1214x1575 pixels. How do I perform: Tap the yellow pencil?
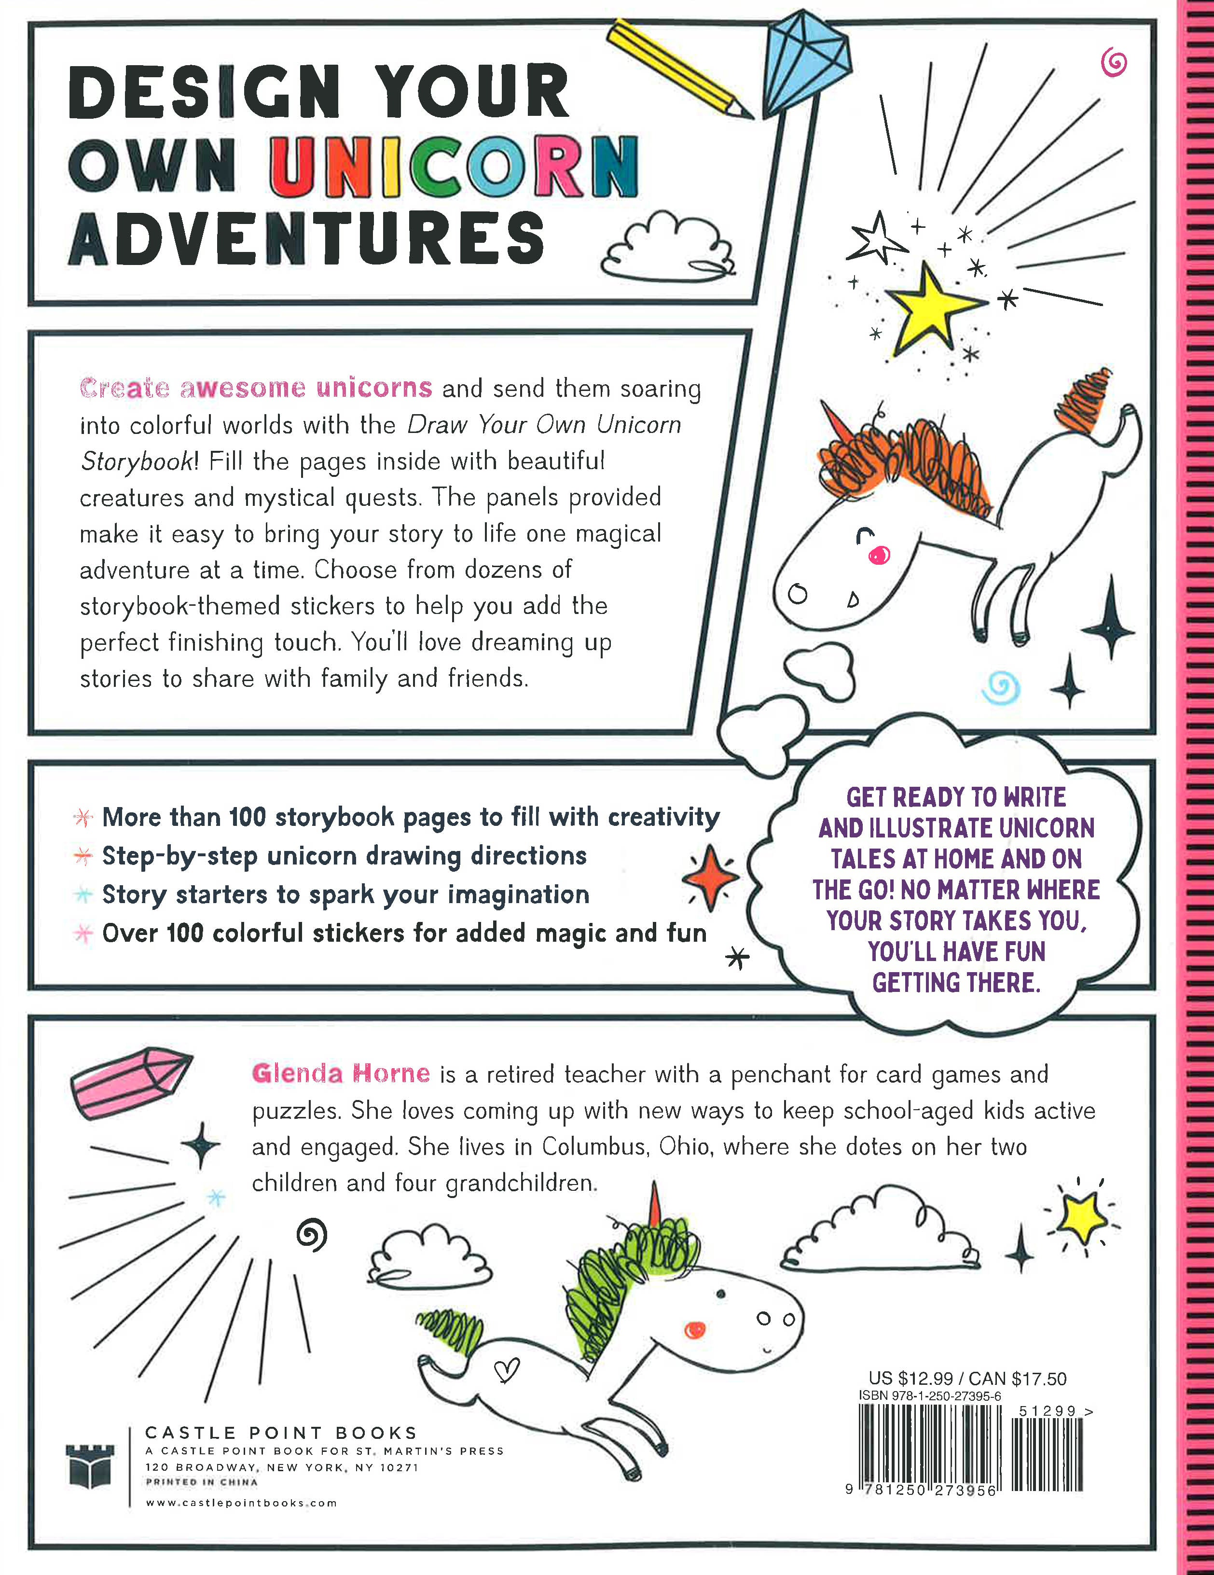680,69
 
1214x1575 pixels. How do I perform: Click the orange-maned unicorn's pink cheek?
879,555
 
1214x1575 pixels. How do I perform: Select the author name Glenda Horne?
341,1074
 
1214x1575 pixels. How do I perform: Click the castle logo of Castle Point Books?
90,1466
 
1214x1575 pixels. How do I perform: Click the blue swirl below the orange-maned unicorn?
1001,688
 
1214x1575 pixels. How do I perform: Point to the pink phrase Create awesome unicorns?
256,388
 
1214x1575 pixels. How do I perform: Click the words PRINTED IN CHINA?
201,1482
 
